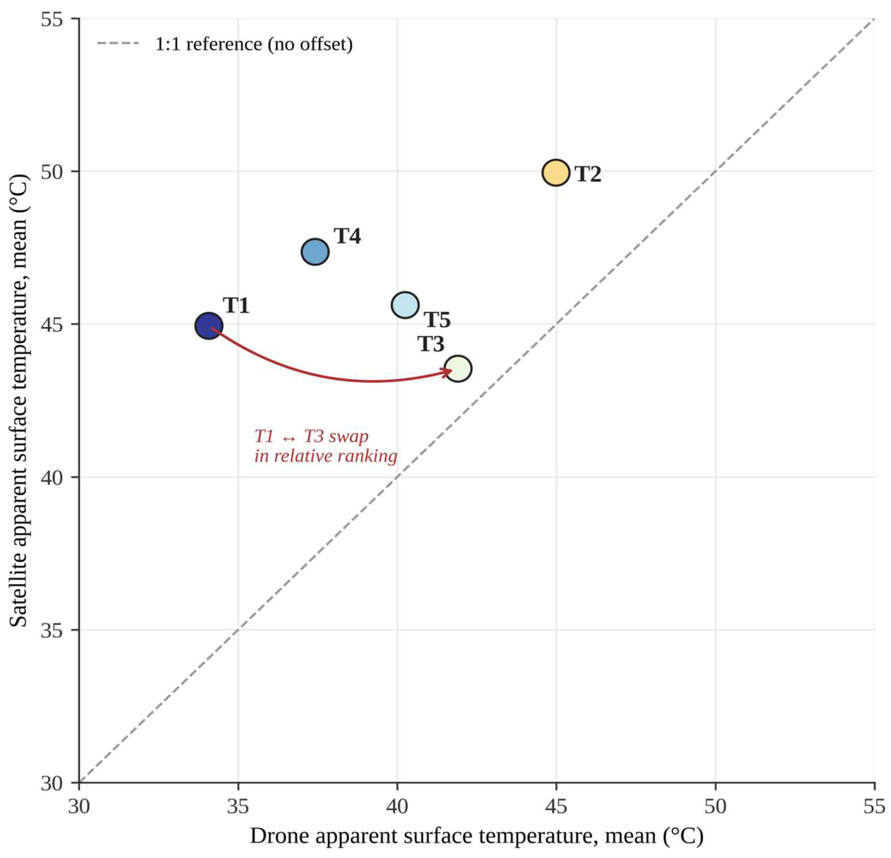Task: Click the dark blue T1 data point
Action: pyautogui.click(x=209, y=326)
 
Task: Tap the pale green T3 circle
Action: pyautogui.click(x=458, y=368)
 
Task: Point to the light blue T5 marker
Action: pyautogui.click(x=405, y=305)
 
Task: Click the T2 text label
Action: pyautogui.click(x=588, y=174)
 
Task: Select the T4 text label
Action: pyautogui.click(x=347, y=236)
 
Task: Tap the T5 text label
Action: pyautogui.click(x=437, y=320)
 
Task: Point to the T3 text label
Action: pyautogui.click(x=431, y=344)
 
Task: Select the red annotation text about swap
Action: pyautogui.click(x=326, y=446)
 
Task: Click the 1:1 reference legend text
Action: pyautogui.click(x=254, y=44)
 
